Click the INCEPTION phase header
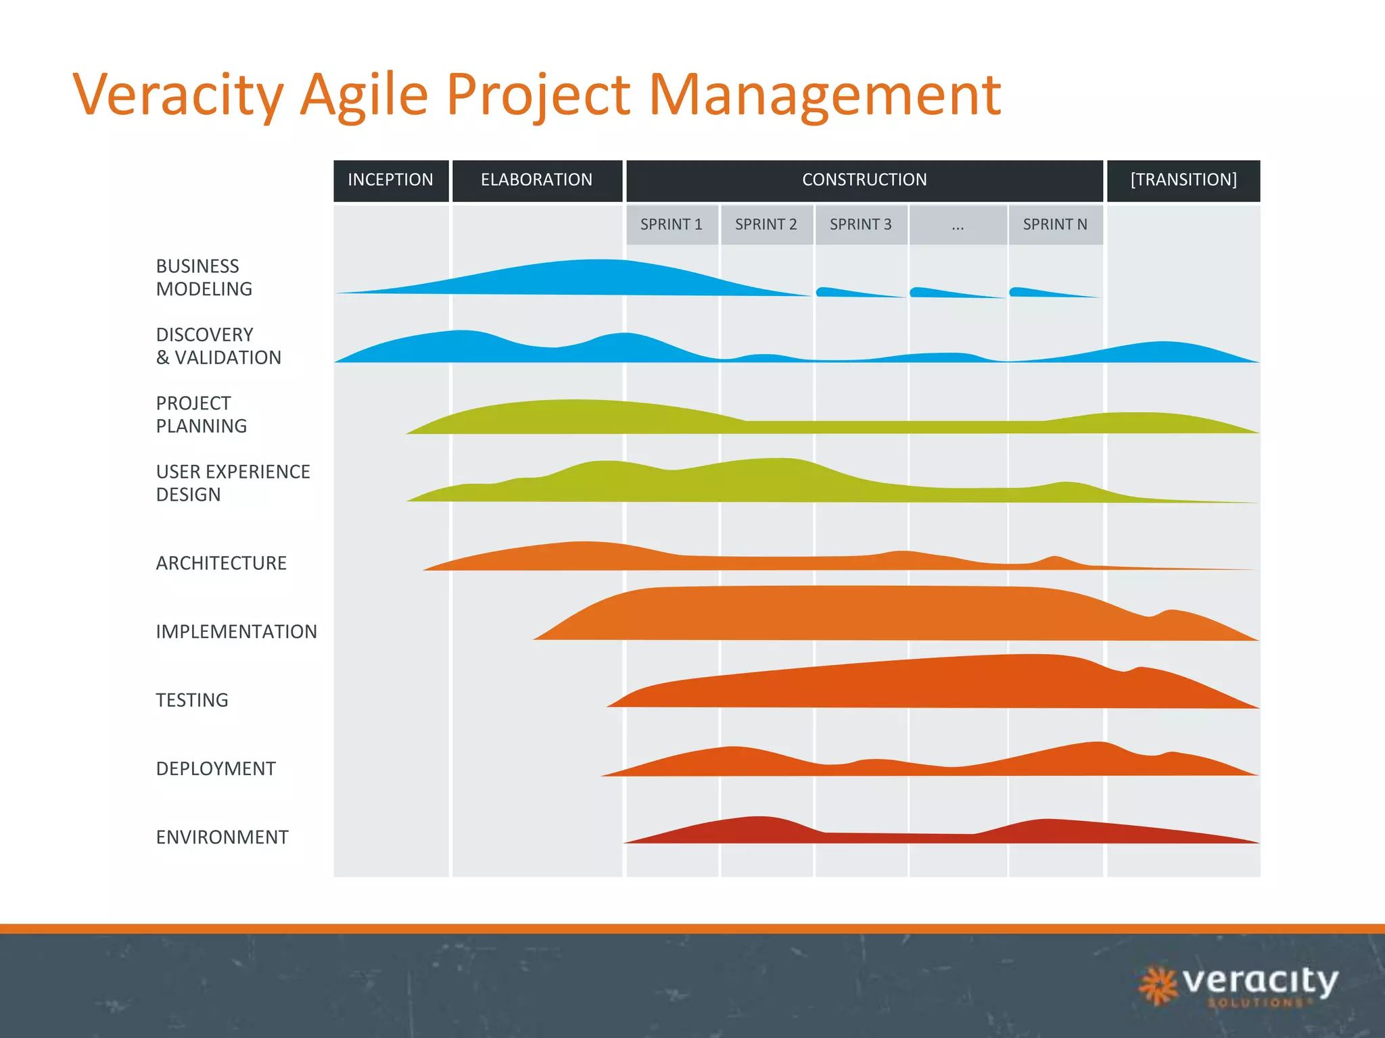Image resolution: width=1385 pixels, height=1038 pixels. [391, 180]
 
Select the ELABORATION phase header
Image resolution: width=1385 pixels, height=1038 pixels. [537, 180]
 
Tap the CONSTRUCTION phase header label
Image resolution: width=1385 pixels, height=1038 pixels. [864, 180]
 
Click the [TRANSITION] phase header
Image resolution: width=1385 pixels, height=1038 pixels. [1183, 180]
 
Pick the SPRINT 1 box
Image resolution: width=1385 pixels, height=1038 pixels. [672, 224]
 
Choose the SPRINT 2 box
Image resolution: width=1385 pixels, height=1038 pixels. [766, 224]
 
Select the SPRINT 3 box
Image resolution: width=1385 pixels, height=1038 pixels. [861, 224]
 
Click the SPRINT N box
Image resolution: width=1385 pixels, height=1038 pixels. [1055, 224]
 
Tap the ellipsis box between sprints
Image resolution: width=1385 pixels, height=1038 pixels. [958, 224]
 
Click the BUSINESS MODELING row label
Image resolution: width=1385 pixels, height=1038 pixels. [204, 278]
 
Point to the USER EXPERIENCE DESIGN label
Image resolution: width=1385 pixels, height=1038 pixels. [233, 483]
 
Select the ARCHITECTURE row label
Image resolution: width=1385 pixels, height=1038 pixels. [221, 563]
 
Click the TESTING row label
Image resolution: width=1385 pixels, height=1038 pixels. [192, 700]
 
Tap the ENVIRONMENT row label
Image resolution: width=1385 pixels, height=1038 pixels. [222, 837]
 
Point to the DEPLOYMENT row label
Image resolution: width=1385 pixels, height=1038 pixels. [216, 769]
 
